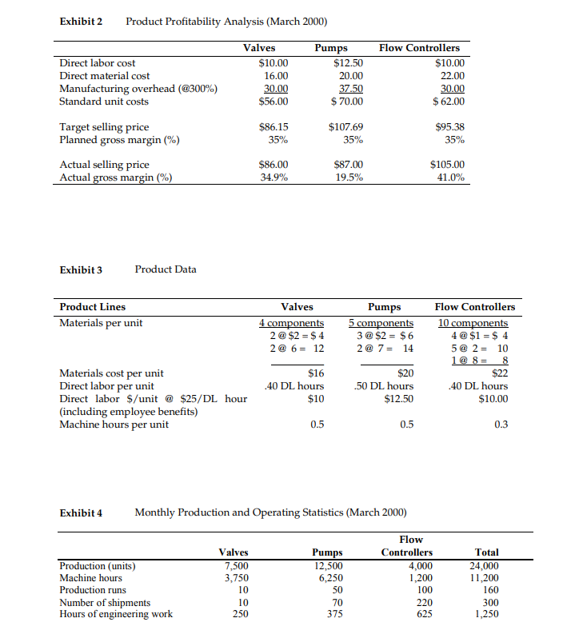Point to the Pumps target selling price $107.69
click(345, 126)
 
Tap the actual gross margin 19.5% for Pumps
click(348, 177)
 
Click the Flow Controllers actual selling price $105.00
click(447, 165)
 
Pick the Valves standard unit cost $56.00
click(274, 102)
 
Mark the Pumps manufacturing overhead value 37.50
click(350, 89)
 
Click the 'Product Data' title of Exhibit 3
click(166, 269)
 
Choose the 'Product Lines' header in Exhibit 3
click(93, 307)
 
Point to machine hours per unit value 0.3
click(501, 425)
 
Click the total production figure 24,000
click(486, 565)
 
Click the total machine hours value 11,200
click(486, 577)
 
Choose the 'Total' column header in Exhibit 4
click(486, 552)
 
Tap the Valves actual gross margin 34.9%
click(274, 177)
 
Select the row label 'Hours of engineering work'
click(116, 614)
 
